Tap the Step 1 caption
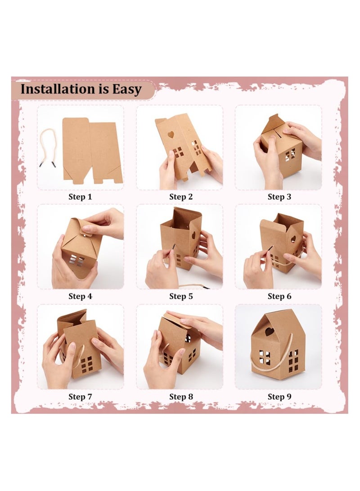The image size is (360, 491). pyautogui.click(x=80, y=197)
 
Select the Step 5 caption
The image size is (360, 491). pyautogui.click(x=179, y=296)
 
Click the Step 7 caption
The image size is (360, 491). pyautogui.click(x=80, y=396)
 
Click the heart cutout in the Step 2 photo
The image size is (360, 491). pyautogui.click(x=171, y=135)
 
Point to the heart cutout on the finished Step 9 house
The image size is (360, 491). pyautogui.click(x=269, y=332)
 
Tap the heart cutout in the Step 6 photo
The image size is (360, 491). pyautogui.click(x=293, y=239)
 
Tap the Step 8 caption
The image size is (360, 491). pyautogui.click(x=179, y=396)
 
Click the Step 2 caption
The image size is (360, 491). pyautogui.click(x=179, y=197)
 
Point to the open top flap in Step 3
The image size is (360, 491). pyautogui.click(x=273, y=123)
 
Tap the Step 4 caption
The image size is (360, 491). pyautogui.click(x=80, y=296)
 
